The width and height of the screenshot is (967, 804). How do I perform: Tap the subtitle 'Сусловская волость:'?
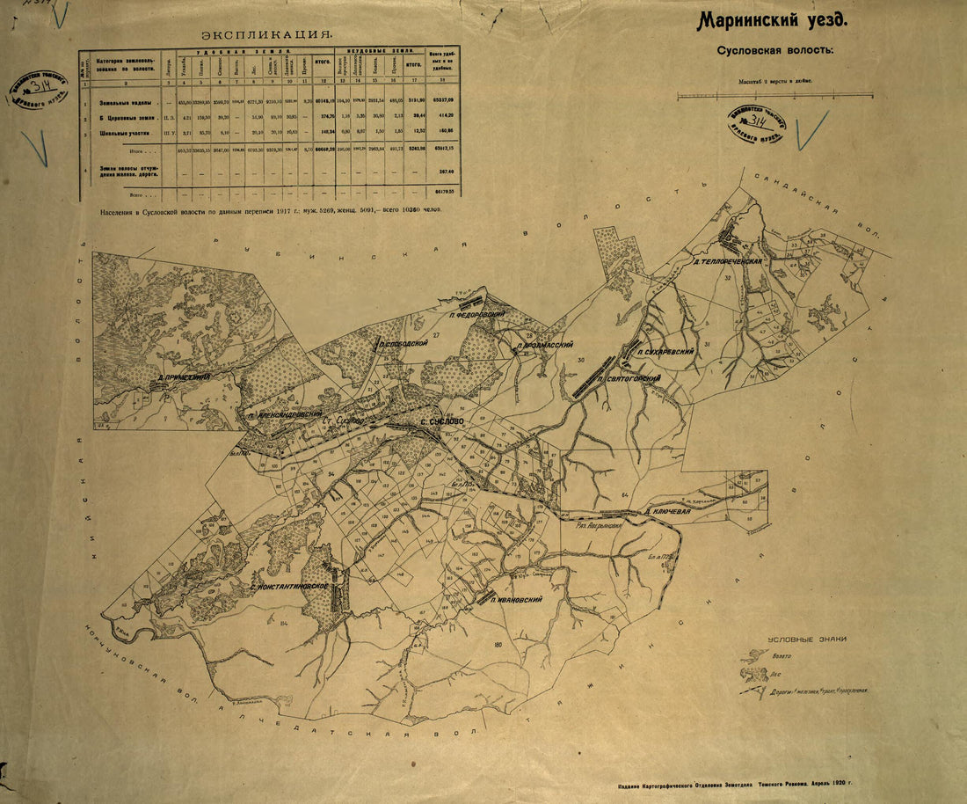(774, 50)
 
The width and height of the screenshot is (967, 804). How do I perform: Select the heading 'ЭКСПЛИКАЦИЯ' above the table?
(266, 35)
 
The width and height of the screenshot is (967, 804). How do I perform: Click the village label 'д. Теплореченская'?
(725, 261)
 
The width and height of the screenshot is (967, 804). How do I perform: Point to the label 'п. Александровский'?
(285, 414)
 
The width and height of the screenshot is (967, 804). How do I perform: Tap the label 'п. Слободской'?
(404, 344)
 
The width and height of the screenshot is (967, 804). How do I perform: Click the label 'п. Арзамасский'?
(545, 346)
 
